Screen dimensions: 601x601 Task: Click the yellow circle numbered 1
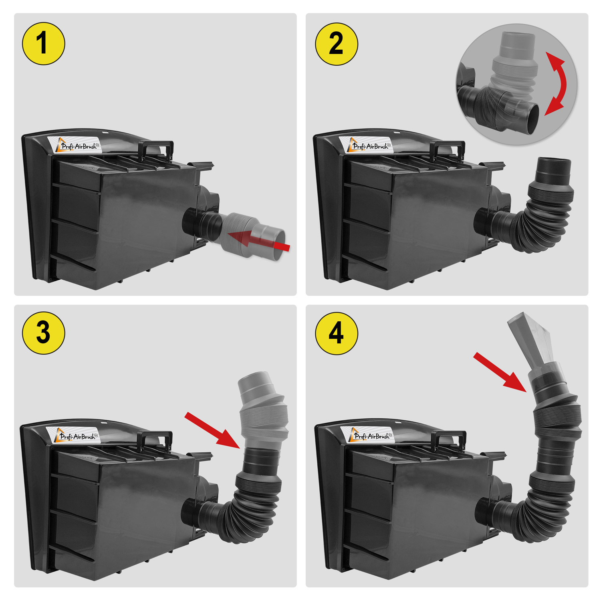coord(43,43)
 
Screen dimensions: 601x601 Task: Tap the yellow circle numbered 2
coord(337,44)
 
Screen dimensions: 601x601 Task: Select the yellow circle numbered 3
coord(43,333)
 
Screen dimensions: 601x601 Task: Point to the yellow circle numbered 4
coord(337,333)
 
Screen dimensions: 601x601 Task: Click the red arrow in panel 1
coord(259,240)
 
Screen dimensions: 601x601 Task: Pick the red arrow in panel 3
coord(212,430)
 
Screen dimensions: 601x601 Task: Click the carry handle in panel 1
coord(156,149)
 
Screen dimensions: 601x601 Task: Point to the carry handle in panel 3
coord(155,439)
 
